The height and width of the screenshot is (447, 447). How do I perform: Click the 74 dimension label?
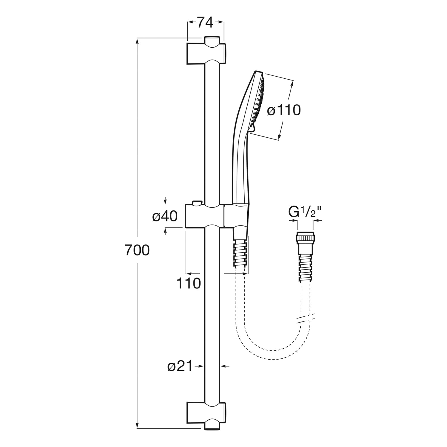[205, 22]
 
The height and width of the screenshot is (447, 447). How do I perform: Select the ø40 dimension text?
[165, 216]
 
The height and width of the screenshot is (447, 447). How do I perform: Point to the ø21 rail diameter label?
[180, 366]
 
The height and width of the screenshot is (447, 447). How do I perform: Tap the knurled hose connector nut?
[305, 238]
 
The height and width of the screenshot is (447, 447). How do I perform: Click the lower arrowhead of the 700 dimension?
[137, 425]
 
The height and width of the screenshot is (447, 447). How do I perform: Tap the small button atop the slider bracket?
[197, 203]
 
